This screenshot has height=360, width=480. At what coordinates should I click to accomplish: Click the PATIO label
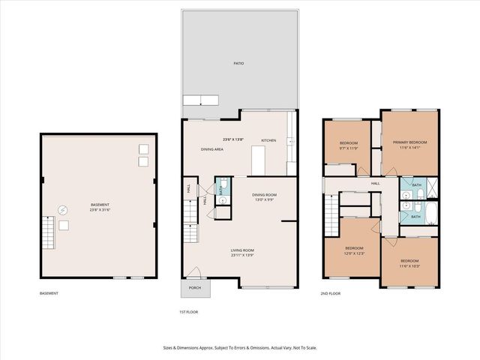pos(238,64)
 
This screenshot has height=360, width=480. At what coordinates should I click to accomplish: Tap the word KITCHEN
pos(268,140)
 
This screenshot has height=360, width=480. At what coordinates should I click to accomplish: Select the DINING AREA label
pos(212,149)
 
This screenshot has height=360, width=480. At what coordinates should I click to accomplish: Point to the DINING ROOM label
pos(264,195)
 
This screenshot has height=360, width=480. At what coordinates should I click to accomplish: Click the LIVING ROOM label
pos(241,250)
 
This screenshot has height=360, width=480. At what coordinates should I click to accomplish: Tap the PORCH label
pos(195,287)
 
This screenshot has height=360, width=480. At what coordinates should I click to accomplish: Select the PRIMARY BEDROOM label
pos(410,142)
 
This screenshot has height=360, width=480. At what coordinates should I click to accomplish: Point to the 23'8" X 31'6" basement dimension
pos(100,210)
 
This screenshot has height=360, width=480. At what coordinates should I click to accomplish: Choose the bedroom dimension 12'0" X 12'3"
pos(354,253)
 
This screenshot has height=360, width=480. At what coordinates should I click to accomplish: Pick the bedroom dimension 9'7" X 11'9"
pos(349,148)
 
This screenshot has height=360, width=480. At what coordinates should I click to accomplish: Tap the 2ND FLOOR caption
pos(331,293)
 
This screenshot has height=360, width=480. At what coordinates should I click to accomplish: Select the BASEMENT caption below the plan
pos(50,293)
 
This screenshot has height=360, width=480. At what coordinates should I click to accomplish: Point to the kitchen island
pos(259,160)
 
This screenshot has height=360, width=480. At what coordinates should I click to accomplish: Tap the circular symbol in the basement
pos(63,210)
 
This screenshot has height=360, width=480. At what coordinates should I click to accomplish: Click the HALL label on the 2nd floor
pos(375,183)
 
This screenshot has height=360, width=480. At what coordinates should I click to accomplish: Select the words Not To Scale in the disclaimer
pos(307,347)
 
